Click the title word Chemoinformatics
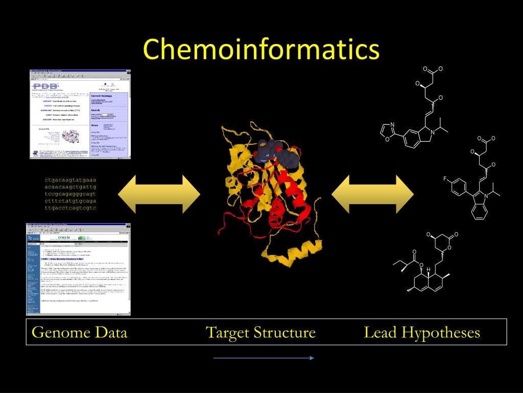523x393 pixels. pyautogui.click(x=261, y=50)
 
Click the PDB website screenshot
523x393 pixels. pyautogui.click(x=80, y=114)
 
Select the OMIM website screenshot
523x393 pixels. pyautogui.click(x=78, y=269)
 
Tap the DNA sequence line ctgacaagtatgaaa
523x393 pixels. pyautogui.click(x=70, y=180)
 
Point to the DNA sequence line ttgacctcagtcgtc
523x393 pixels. pyautogui.click(x=70, y=208)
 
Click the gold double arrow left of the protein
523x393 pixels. pyautogui.click(x=159, y=194)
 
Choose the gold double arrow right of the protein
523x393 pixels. pyautogui.click(x=372, y=194)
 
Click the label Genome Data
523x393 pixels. pyautogui.click(x=79, y=333)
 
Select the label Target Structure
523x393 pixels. pyautogui.click(x=260, y=333)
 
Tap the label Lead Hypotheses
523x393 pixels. pyautogui.click(x=422, y=333)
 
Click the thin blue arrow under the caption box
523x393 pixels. pyautogui.click(x=263, y=358)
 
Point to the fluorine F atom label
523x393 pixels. pyautogui.click(x=445, y=179)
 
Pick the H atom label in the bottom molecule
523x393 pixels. pyautogui.click(x=428, y=269)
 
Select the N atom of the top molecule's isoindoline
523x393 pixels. pyautogui.click(x=432, y=133)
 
